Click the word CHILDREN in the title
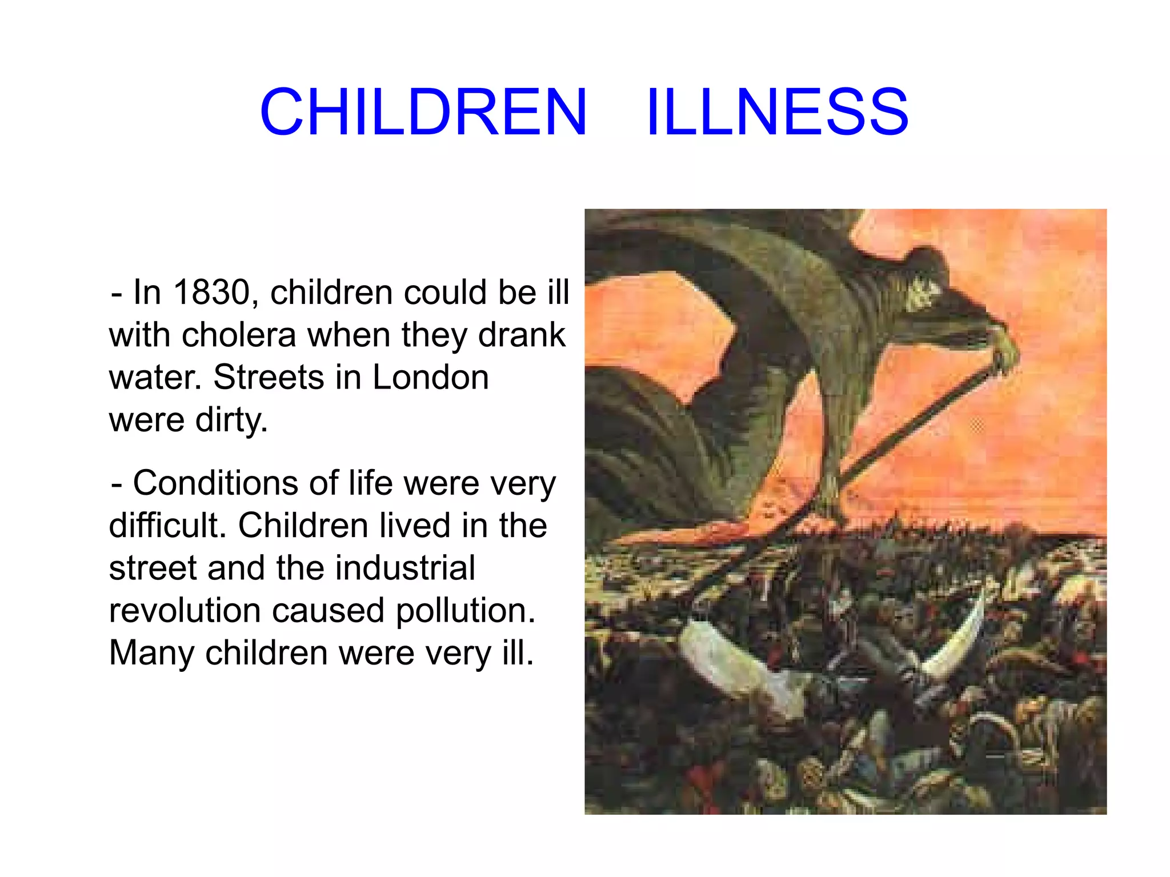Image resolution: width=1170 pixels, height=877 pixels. (423, 112)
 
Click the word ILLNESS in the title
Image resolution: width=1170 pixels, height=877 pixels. (777, 112)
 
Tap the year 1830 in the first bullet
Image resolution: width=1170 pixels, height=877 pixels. (211, 293)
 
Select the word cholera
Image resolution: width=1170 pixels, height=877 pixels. (239, 335)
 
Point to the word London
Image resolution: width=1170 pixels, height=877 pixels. (431, 377)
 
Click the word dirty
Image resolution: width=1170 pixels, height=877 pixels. (231, 420)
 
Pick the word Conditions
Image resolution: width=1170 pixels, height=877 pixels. (216, 483)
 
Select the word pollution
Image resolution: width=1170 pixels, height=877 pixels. (466, 610)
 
